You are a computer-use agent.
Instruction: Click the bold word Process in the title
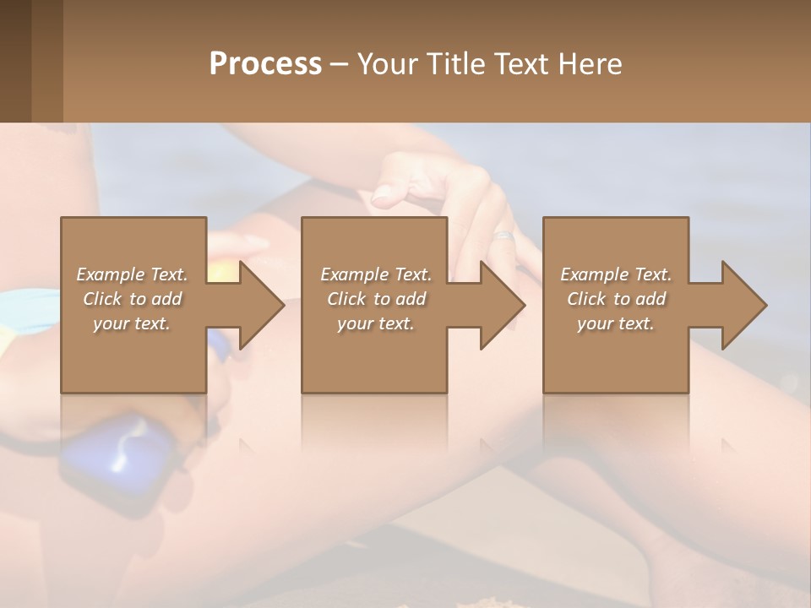(265, 64)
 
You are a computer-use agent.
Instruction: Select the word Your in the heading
(388, 64)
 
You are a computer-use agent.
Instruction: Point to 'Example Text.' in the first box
(132, 274)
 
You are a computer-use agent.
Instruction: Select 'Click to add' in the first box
(132, 299)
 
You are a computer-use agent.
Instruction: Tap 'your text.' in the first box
(132, 323)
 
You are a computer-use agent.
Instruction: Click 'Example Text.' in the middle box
(375, 274)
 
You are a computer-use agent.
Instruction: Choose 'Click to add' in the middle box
(375, 299)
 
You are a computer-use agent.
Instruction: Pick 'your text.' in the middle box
(375, 323)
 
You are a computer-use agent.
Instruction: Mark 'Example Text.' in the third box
(616, 274)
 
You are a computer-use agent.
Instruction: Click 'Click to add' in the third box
(616, 299)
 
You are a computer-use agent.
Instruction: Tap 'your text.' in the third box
(616, 323)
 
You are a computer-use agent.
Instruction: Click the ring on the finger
(503, 236)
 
